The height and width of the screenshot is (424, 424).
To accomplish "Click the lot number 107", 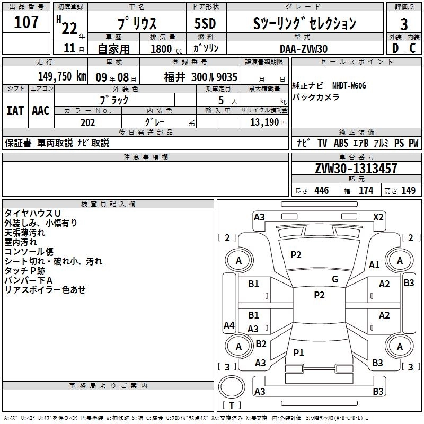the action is (x=26, y=23).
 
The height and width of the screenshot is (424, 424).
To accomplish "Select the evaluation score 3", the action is (x=404, y=24).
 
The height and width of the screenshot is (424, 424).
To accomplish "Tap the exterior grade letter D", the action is (x=395, y=48).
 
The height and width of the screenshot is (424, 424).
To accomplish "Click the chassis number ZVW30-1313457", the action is (x=356, y=169).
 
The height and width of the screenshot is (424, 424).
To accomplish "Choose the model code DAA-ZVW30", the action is (x=304, y=48).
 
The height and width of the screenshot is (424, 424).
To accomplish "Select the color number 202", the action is (x=87, y=122).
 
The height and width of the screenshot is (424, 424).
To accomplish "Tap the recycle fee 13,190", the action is (x=264, y=122).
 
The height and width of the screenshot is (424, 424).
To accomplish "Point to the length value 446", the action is (x=321, y=191).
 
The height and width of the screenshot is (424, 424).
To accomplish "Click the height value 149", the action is (x=408, y=191).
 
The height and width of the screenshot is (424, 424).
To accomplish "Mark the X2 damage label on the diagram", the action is (x=378, y=217).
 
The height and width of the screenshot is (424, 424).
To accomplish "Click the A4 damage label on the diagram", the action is (x=229, y=325).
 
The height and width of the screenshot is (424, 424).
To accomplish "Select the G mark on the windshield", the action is (x=335, y=279).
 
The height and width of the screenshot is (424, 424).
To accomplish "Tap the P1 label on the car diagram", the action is (x=298, y=352).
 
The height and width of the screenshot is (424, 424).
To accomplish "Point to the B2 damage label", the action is (x=261, y=344).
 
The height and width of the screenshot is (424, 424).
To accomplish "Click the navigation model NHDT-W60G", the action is (x=349, y=85).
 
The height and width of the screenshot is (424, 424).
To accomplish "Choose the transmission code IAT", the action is (x=15, y=111).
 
